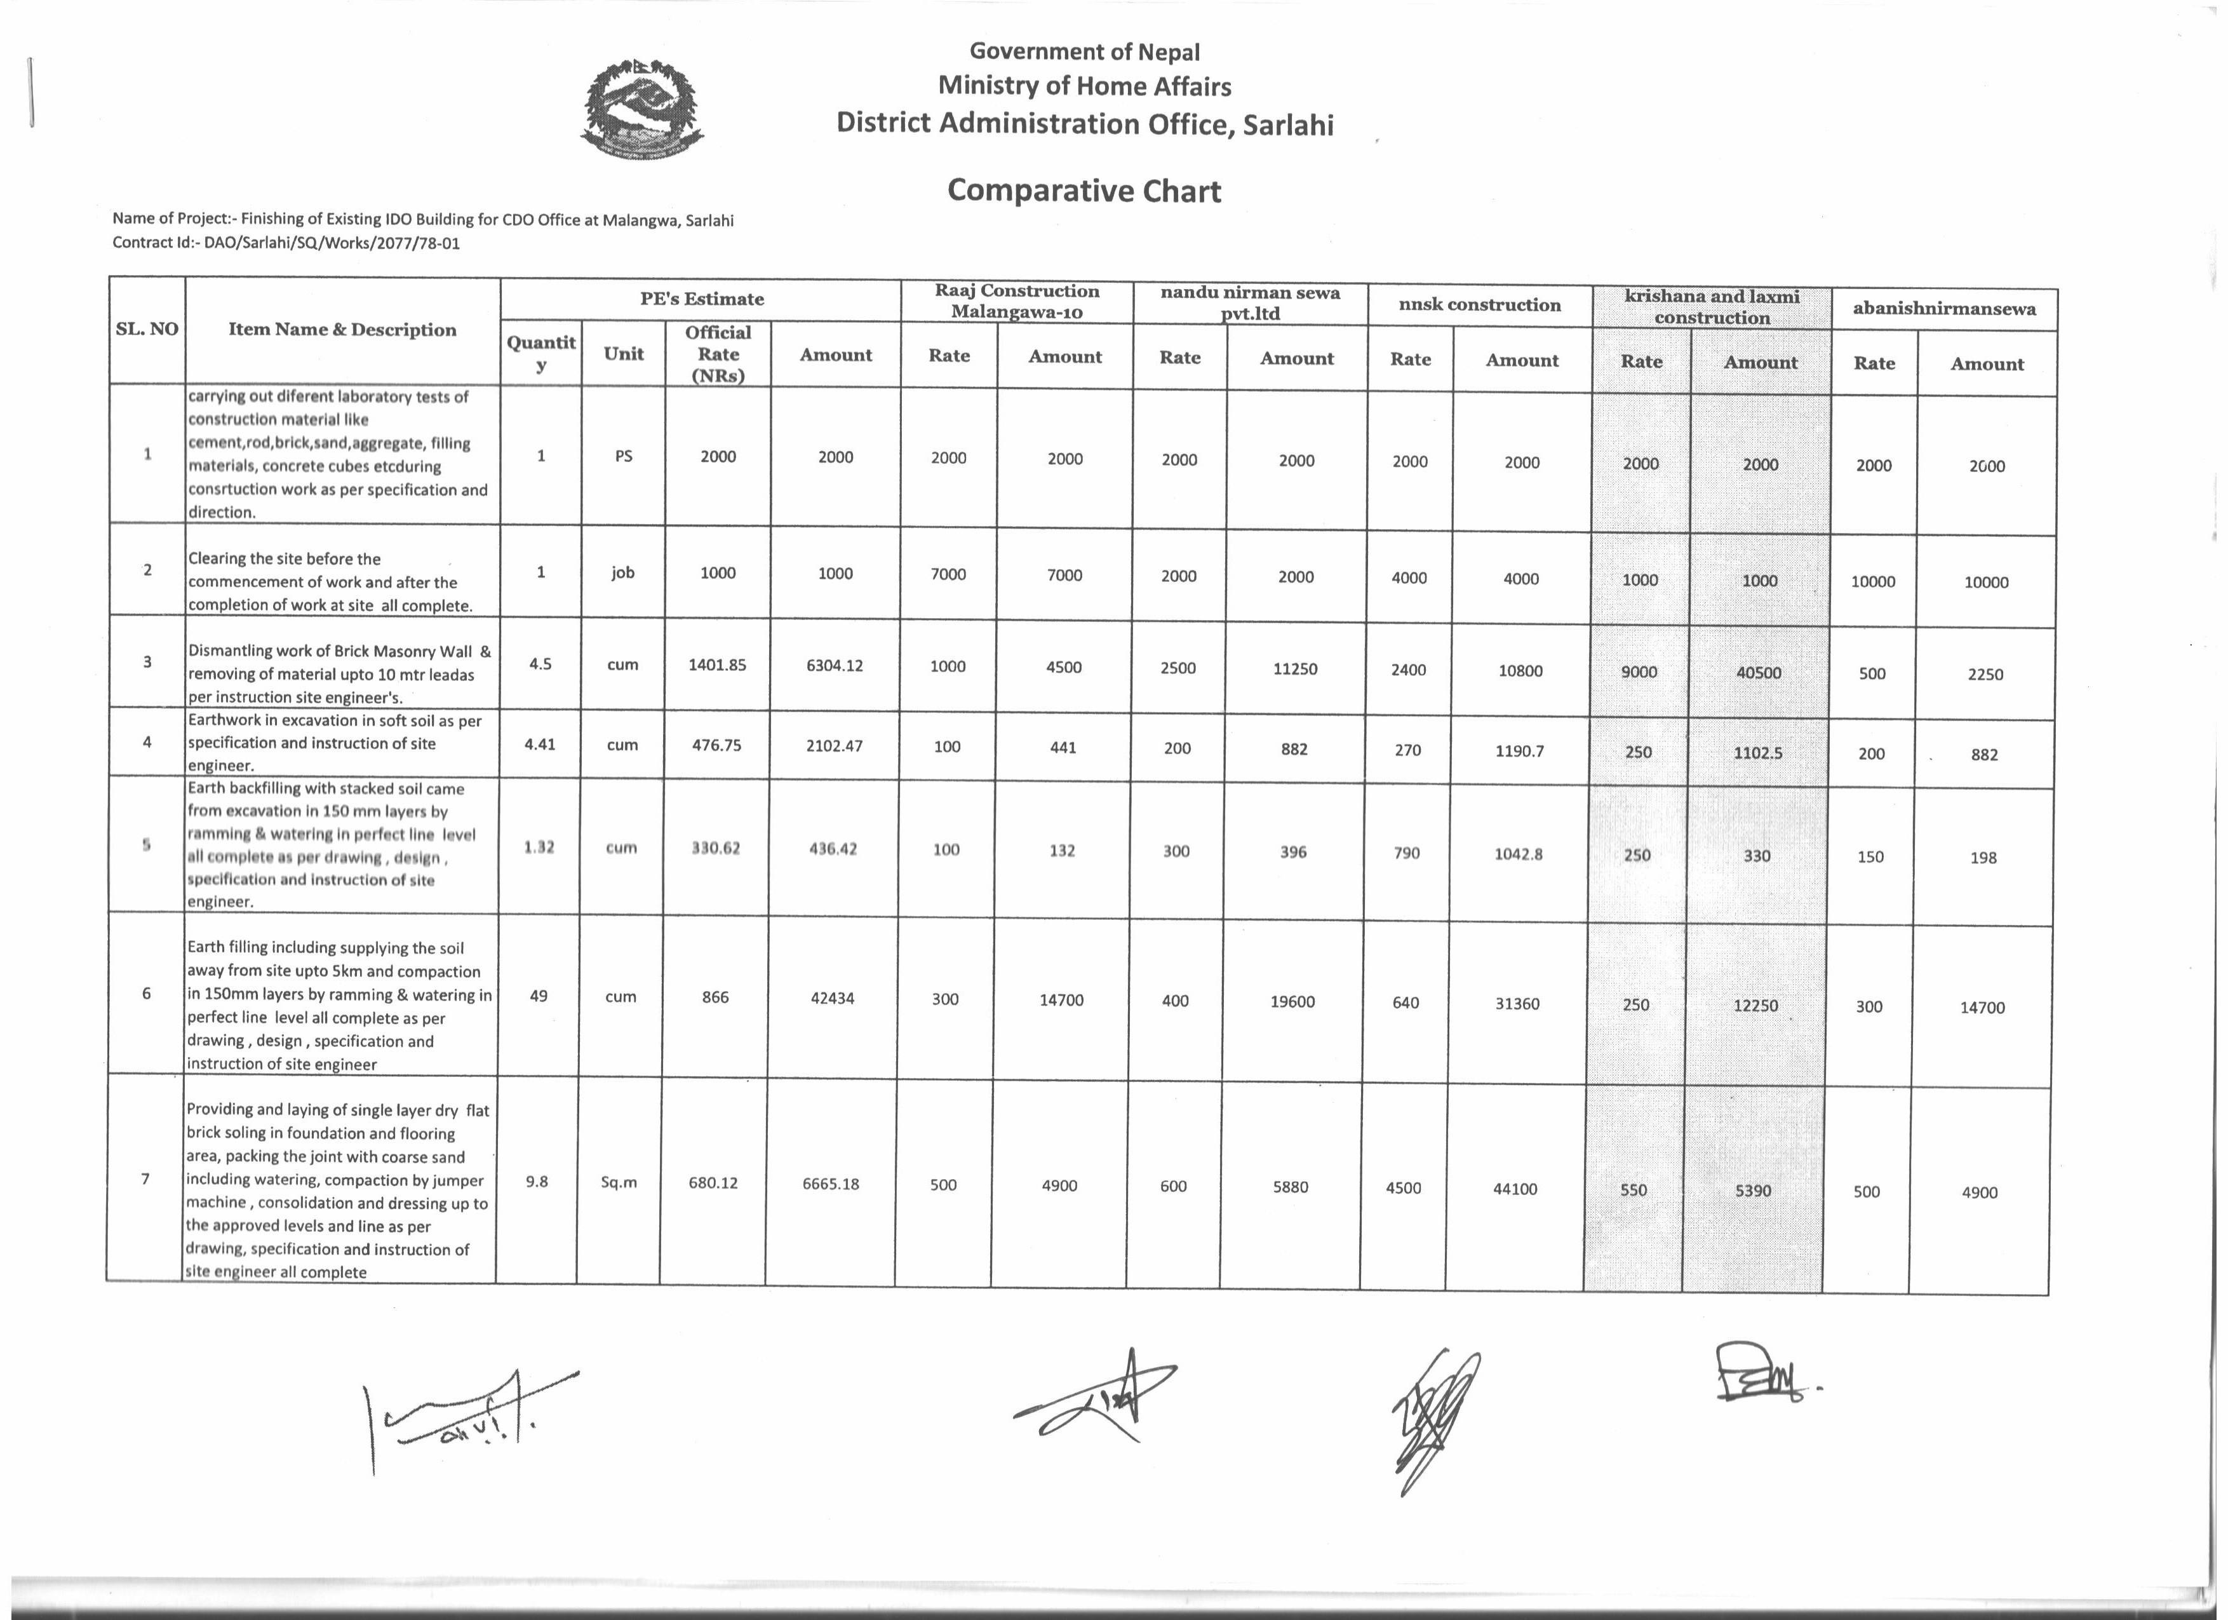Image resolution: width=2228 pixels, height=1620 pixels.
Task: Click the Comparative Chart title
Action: click(1084, 191)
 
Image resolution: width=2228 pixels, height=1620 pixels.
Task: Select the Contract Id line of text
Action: click(286, 243)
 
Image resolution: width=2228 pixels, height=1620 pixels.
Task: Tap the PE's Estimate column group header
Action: click(701, 299)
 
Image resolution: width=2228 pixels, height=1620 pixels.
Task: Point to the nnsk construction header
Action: click(1479, 304)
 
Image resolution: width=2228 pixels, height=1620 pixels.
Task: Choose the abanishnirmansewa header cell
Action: click(1944, 309)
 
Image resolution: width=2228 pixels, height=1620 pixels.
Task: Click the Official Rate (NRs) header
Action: click(718, 354)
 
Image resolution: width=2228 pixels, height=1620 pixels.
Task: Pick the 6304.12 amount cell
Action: click(834, 665)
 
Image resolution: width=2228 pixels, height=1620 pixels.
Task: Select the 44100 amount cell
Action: click(1515, 1189)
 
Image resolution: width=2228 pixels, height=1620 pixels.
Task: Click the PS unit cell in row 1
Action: click(623, 456)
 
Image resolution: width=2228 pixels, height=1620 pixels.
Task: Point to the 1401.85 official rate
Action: click(717, 665)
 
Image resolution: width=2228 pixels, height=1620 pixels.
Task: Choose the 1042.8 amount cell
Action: click(1518, 854)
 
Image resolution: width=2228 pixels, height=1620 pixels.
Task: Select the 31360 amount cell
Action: click(1517, 1004)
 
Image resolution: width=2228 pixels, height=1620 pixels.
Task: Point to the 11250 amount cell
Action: click(1295, 669)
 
